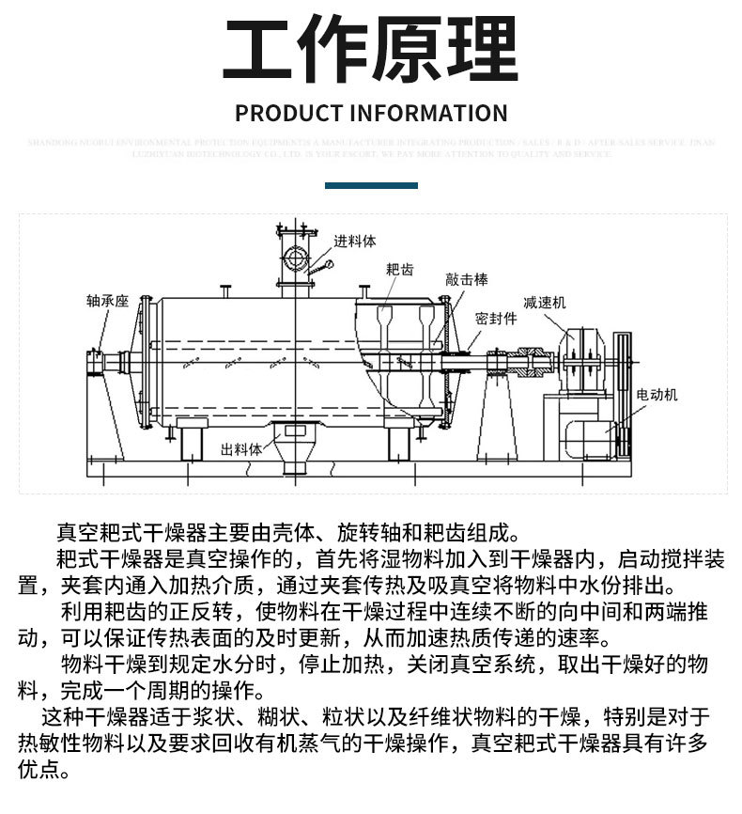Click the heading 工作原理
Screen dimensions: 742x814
click(371, 48)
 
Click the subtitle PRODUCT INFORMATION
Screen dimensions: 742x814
click(371, 114)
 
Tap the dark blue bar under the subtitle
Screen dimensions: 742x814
click(370, 186)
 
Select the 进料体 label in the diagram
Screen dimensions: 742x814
click(355, 242)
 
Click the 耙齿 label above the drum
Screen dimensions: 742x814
click(399, 269)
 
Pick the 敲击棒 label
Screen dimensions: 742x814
click(467, 279)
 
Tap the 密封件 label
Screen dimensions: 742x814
click(496, 318)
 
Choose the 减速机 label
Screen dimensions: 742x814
click(545, 303)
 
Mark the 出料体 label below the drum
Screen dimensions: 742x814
click(241, 448)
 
